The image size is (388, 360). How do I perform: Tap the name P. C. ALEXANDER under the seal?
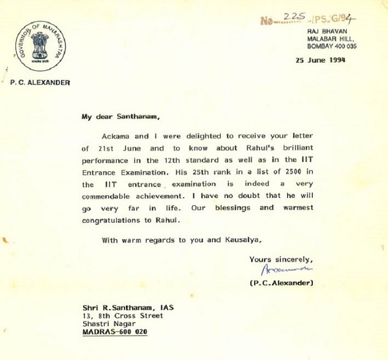pyautogui.click(x=40, y=82)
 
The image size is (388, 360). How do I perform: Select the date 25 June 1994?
pyautogui.click(x=320, y=59)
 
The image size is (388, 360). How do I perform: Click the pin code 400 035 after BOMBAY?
pyautogui.click(x=344, y=46)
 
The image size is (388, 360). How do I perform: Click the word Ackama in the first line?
pyautogui.click(x=116, y=136)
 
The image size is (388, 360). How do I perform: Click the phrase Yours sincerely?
pyautogui.click(x=280, y=259)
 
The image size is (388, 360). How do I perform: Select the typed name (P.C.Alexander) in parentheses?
pyautogui.click(x=281, y=283)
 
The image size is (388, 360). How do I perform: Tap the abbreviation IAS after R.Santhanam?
pyautogui.click(x=165, y=307)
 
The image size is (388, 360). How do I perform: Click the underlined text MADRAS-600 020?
pyautogui.click(x=115, y=332)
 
